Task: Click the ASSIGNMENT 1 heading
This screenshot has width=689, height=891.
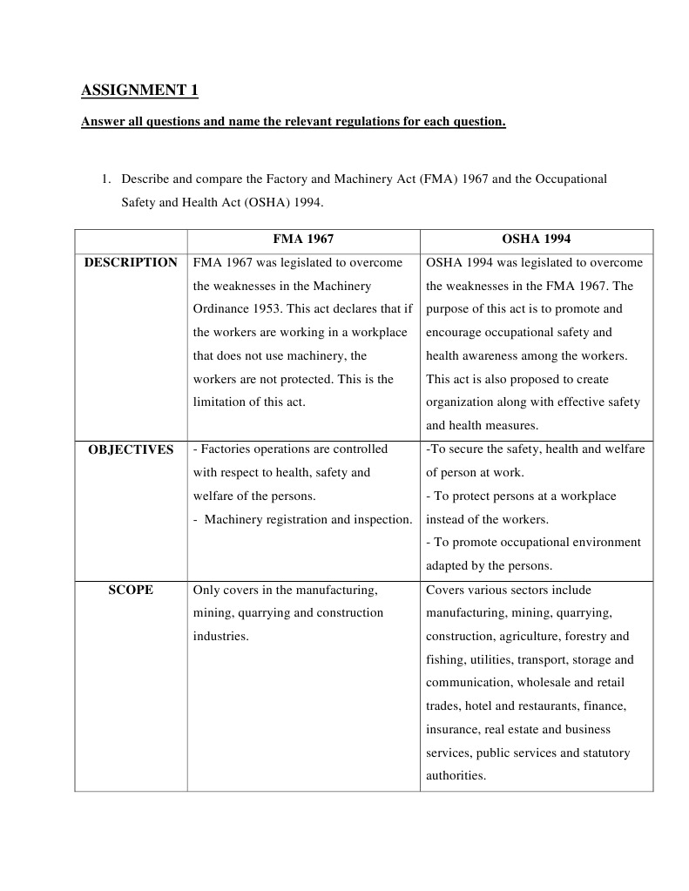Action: (x=139, y=91)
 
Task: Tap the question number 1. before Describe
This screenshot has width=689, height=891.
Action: (x=105, y=179)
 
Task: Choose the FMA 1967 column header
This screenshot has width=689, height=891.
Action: (x=303, y=239)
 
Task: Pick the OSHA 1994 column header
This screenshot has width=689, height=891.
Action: (x=537, y=239)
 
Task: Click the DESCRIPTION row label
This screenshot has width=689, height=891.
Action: (x=131, y=262)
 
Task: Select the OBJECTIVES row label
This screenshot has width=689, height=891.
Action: (x=131, y=449)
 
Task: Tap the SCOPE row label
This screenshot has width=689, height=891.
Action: (x=131, y=590)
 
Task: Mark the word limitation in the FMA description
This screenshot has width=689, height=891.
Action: (x=222, y=402)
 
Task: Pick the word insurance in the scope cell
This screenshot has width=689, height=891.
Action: (x=452, y=730)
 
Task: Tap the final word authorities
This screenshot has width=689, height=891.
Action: (x=455, y=776)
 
